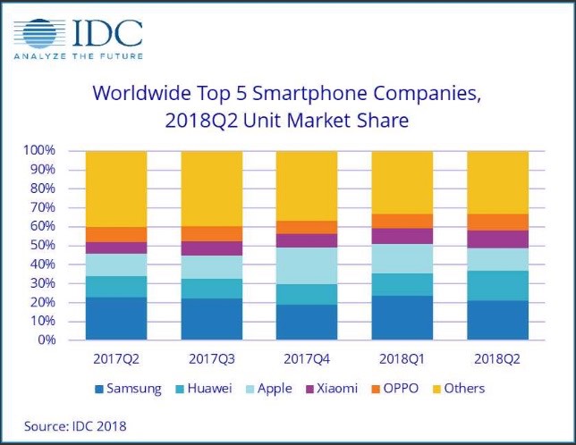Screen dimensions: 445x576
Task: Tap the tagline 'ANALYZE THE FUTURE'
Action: click(x=78, y=60)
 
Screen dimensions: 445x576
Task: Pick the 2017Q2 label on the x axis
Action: click(x=116, y=360)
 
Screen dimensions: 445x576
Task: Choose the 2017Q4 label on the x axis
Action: click(x=307, y=360)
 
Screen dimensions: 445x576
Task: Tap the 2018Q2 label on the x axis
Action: click(x=497, y=360)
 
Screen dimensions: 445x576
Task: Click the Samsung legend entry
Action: click(x=128, y=389)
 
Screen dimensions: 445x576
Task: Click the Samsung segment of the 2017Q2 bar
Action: click(x=116, y=318)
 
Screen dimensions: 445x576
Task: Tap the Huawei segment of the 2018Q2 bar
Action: click(x=497, y=285)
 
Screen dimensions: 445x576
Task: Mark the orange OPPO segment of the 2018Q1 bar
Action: click(x=402, y=221)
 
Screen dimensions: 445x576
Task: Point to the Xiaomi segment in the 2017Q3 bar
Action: click(x=211, y=248)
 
